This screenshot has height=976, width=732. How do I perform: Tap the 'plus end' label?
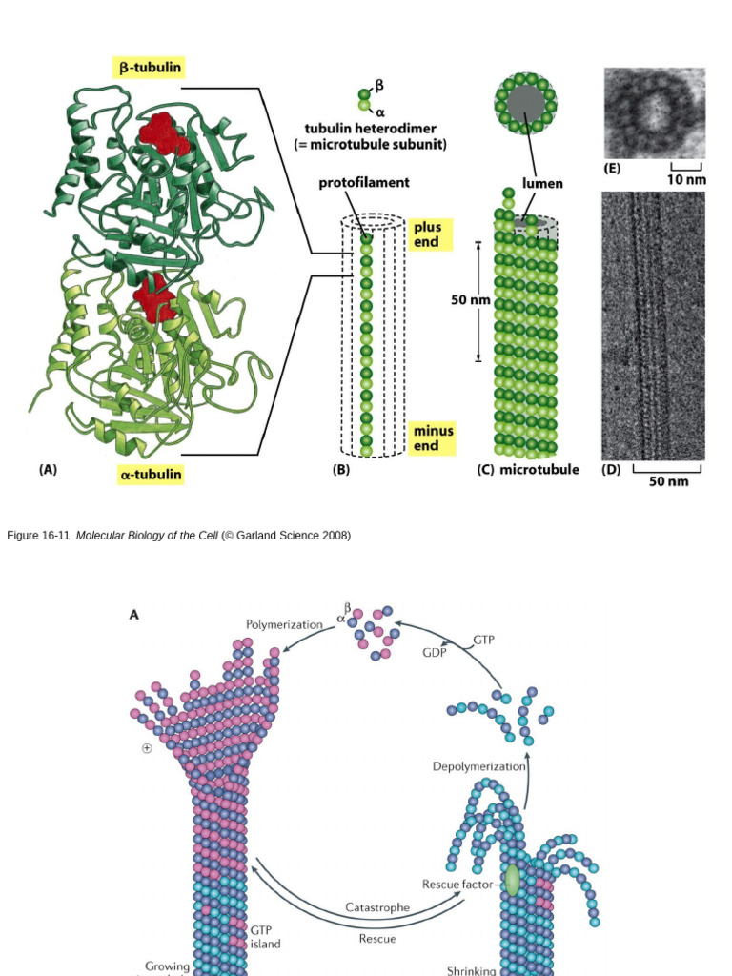click(426, 234)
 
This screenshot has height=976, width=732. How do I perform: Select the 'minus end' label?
click(433, 437)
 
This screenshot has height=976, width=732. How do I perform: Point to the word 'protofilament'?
click(364, 182)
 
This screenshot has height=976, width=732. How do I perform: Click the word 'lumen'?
click(542, 183)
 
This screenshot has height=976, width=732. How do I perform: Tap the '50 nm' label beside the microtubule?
click(471, 300)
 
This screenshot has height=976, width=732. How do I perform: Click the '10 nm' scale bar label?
click(686, 180)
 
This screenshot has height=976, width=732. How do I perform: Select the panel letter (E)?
click(612, 169)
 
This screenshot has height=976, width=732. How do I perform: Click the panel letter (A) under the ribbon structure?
click(48, 470)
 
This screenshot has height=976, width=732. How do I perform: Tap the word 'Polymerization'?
click(284, 624)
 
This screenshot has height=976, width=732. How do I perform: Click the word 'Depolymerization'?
click(479, 766)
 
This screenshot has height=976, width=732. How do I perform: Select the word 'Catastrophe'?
click(377, 906)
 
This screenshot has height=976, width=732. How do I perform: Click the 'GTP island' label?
click(265, 936)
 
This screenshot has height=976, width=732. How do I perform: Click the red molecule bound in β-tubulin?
click(164, 133)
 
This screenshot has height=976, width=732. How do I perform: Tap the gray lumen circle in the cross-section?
click(525, 103)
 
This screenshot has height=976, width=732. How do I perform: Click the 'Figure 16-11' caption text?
click(39, 536)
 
